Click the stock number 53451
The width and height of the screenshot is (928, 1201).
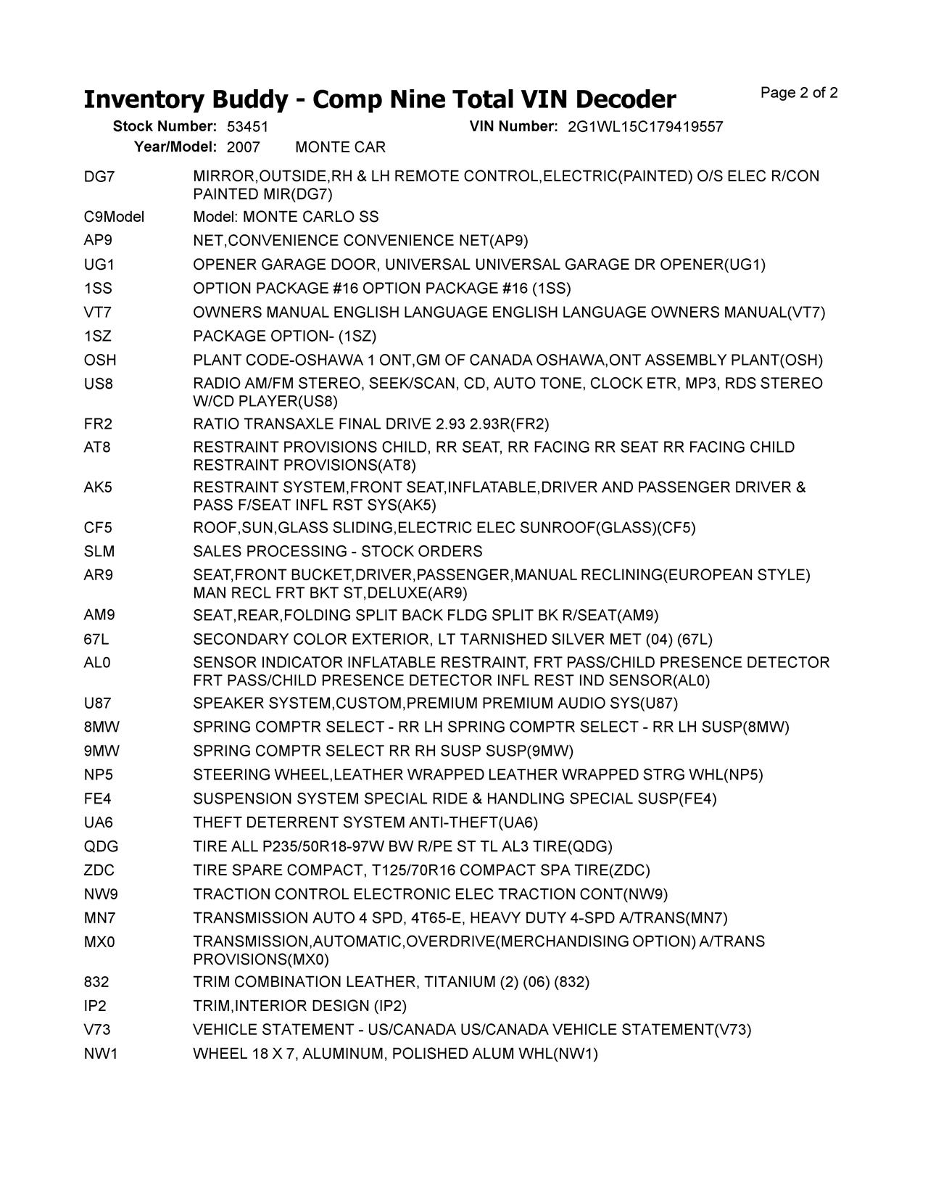[247, 127]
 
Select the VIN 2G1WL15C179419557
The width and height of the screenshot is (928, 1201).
[645, 127]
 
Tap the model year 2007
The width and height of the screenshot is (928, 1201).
[243, 148]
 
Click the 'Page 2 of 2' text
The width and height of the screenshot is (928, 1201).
[799, 93]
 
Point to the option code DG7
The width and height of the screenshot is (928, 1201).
[99, 177]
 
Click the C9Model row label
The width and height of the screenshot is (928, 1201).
[114, 218]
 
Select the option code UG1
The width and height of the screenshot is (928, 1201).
[99, 265]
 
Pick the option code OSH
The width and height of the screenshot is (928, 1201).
[100, 360]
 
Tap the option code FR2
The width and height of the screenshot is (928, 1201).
[99, 424]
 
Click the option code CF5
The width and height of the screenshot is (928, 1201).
[98, 528]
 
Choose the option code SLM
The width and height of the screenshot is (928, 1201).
[99, 552]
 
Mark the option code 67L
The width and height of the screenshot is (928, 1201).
[97, 640]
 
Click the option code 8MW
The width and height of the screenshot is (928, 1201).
[101, 727]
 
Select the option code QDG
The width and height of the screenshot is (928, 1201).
[101, 847]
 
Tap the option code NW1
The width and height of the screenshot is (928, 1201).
[101, 1054]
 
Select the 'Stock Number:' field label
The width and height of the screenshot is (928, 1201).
[165, 127]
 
